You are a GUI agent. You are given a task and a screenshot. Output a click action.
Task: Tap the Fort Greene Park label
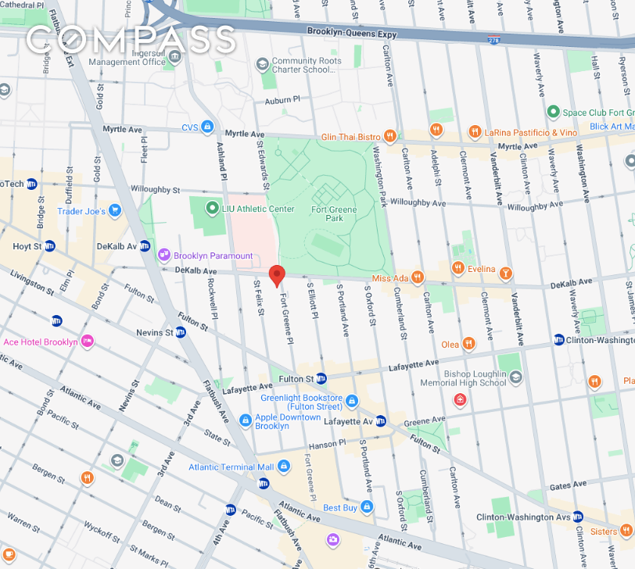point(335,213)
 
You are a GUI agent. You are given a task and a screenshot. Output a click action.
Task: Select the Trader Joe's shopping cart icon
point(115,210)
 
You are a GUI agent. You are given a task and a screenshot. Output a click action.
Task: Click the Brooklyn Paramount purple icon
point(164,255)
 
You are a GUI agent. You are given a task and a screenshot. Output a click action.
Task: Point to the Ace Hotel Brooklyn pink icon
point(87,342)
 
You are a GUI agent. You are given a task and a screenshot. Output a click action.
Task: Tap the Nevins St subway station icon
point(181,332)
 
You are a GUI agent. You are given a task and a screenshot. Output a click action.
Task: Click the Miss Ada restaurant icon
point(418,277)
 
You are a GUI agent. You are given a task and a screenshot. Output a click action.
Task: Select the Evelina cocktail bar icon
point(506,272)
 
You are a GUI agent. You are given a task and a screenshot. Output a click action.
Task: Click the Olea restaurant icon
point(468,344)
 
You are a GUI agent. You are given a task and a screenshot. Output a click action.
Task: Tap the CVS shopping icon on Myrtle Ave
point(207,127)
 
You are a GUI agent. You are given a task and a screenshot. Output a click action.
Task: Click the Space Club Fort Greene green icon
point(554,112)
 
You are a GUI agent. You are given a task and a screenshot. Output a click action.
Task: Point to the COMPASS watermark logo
point(130,39)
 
